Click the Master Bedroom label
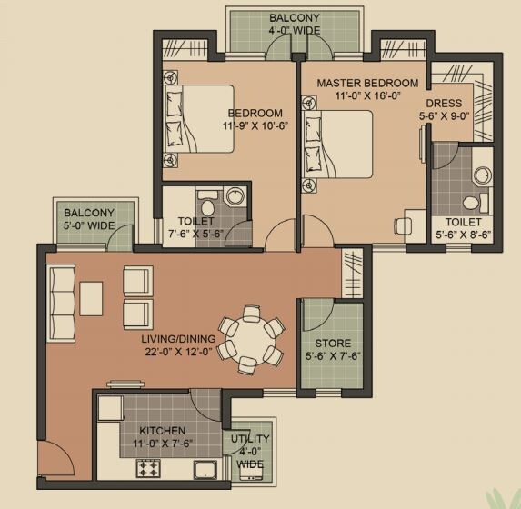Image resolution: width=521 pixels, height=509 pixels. (x=367, y=83)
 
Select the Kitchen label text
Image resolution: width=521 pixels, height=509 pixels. (x=163, y=430)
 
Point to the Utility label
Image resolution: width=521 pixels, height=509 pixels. (x=250, y=438)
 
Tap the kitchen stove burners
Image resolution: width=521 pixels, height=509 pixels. (x=148, y=469)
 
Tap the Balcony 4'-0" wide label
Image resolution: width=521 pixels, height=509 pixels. (x=293, y=25)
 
